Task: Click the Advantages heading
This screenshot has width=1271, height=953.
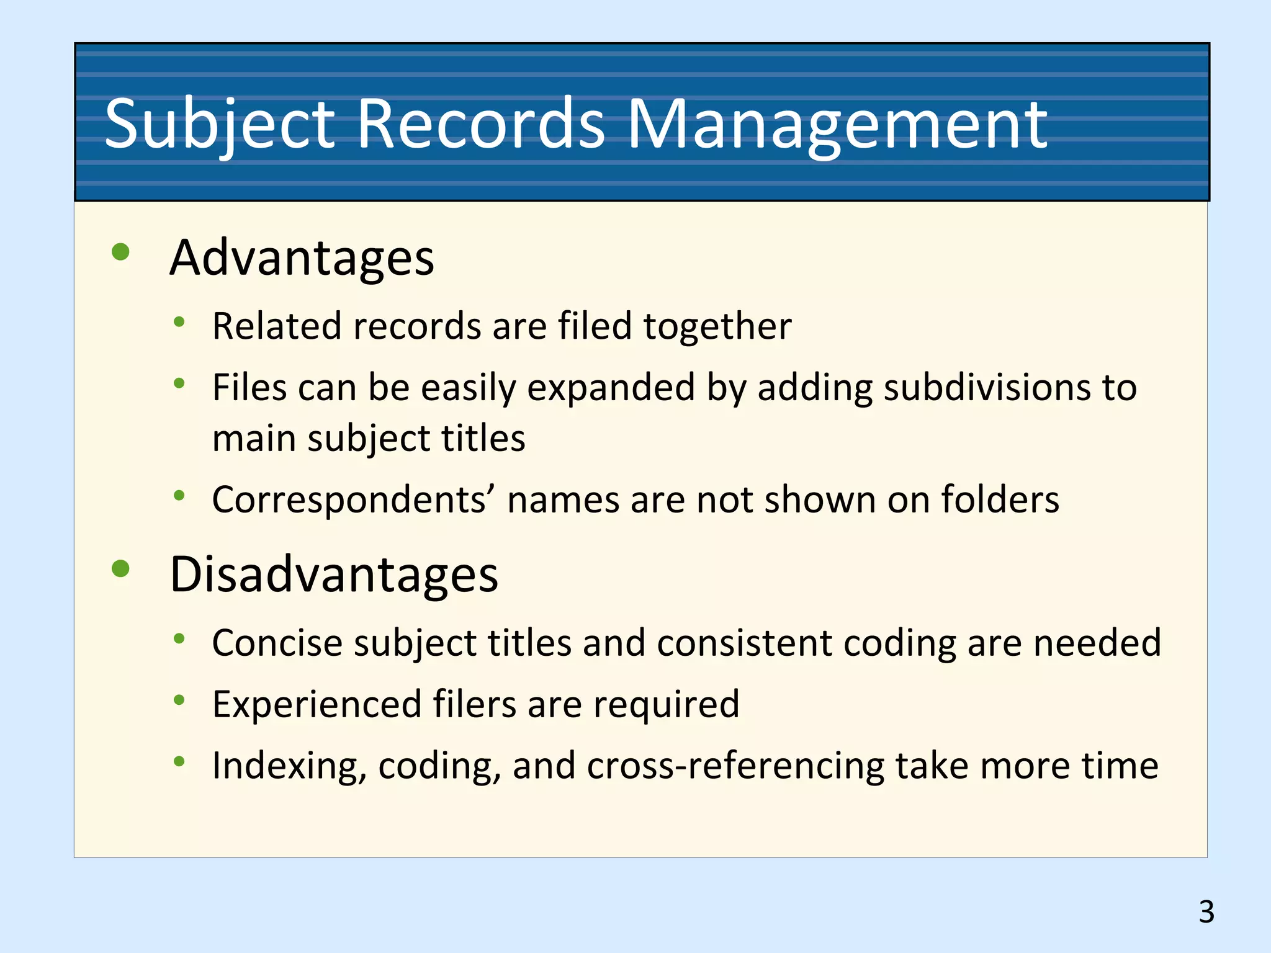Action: (x=302, y=258)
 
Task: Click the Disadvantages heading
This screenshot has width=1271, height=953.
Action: (x=334, y=575)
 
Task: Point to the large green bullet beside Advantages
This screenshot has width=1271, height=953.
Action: (x=120, y=252)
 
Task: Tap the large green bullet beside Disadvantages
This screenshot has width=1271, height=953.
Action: (x=120, y=568)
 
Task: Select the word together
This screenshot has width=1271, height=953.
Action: (x=717, y=326)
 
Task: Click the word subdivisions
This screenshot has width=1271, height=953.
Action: (x=987, y=388)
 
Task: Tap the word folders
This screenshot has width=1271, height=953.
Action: (x=1000, y=500)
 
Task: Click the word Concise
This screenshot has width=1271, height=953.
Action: (x=277, y=643)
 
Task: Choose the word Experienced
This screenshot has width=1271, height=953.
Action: (x=317, y=705)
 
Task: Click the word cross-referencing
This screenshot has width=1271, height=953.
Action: (x=735, y=767)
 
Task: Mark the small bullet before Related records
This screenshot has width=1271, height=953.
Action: (x=179, y=321)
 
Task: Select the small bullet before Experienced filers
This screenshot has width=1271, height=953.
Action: (x=179, y=700)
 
